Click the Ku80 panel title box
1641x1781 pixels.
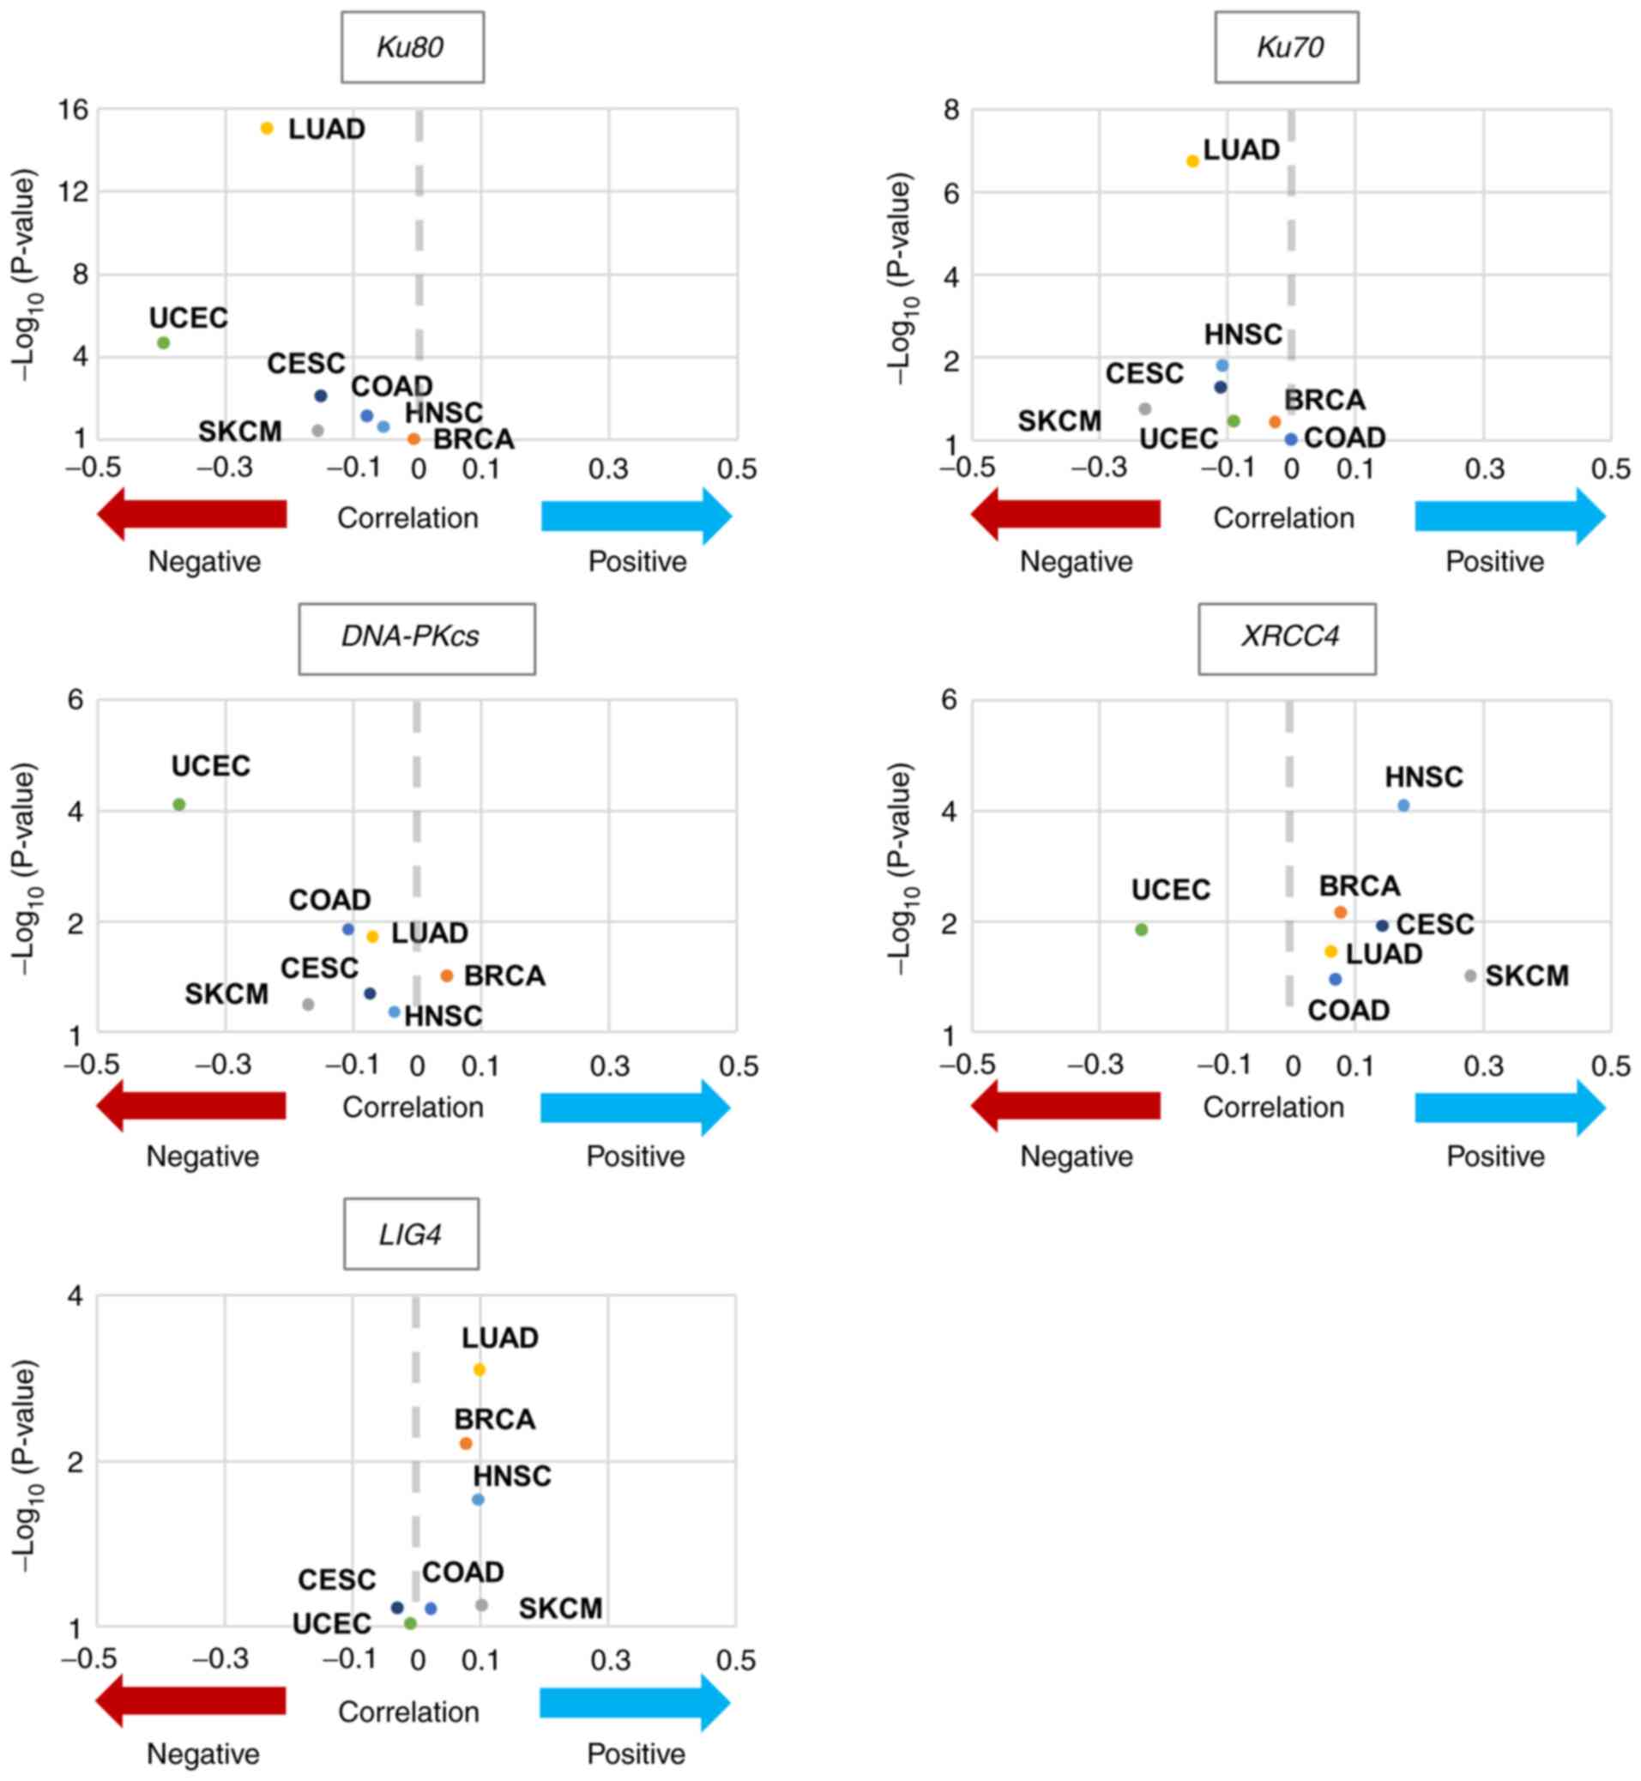(x=412, y=47)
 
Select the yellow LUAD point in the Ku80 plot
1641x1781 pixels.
(x=267, y=128)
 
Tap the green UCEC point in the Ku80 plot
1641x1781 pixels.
(x=163, y=342)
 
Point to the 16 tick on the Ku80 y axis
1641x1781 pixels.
(x=73, y=109)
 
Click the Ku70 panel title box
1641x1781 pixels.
(x=1286, y=47)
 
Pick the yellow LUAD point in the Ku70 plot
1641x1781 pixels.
(x=1192, y=160)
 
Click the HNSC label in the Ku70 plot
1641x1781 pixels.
(x=1242, y=335)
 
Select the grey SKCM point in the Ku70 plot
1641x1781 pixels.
(x=1144, y=408)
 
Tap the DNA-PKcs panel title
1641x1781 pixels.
(x=416, y=637)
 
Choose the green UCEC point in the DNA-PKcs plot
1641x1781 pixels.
(x=178, y=805)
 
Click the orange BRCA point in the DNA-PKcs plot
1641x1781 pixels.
(x=447, y=975)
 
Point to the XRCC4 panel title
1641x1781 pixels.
(x=1287, y=637)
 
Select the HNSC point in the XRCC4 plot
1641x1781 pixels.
(x=1403, y=806)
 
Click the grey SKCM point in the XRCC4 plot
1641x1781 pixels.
(x=1470, y=975)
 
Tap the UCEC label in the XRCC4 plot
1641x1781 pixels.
(x=1170, y=890)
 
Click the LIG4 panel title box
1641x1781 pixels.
(x=411, y=1235)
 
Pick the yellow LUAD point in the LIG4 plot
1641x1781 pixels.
(x=479, y=1370)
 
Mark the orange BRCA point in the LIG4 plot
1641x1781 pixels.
(x=465, y=1444)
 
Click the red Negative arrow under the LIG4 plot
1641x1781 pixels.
(x=191, y=1701)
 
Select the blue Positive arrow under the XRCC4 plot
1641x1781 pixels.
(x=1510, y=1108)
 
